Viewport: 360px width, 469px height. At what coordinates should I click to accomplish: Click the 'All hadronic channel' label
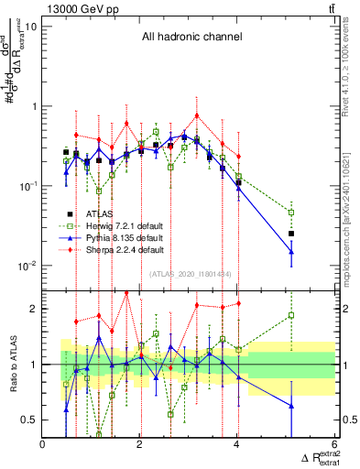[x=191, y=38]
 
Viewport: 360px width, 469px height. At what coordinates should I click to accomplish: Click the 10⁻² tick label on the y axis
[x=27, y=266]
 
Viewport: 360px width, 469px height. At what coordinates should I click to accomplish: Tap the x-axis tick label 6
[x=334, y=444]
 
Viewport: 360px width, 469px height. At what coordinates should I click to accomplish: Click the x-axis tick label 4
[x=237, y=444]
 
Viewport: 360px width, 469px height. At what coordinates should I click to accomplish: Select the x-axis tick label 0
[x=43, y=444]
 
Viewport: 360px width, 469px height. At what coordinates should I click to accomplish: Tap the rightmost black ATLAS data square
[x=291, y=234]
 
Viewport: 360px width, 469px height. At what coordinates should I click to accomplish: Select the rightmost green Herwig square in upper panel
[x=291, y=213]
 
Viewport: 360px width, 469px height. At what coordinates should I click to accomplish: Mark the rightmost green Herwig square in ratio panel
[x=291, y=315]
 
